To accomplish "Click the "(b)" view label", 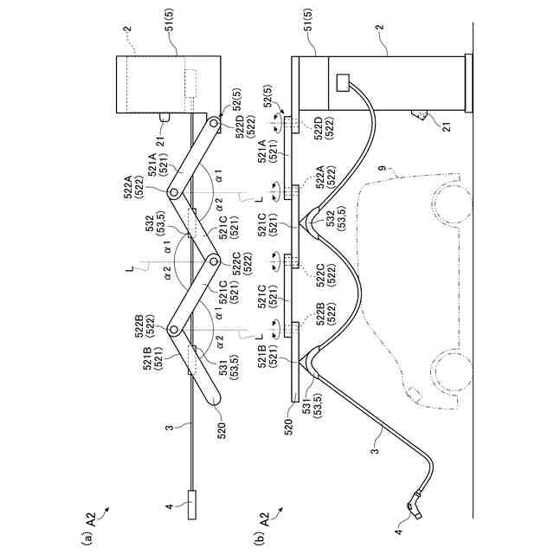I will pos(256,534).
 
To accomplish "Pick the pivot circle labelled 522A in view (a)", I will pos(173,191).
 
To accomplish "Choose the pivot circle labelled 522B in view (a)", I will pos(173,330).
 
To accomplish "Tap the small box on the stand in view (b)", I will pos(343,83).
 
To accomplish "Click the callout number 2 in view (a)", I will pos(126,29).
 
